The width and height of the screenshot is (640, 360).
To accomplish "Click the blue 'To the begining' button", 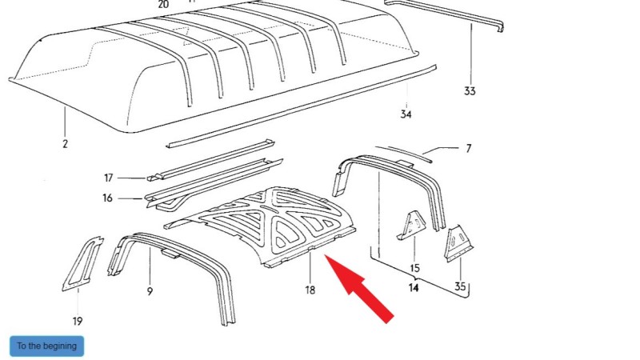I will (46, 346).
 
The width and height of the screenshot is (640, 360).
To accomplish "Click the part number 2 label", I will (65, 144).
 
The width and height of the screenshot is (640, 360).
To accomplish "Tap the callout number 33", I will (470, 91).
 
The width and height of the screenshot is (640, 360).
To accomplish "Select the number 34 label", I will (406, 115).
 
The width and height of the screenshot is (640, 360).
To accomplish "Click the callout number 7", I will (468, 148).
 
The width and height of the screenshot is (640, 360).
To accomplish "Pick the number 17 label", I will (109, 178).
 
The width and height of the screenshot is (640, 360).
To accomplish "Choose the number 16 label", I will (109, 198).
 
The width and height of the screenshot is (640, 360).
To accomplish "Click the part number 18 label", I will (310, 290).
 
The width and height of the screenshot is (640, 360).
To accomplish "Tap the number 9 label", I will (150, 292).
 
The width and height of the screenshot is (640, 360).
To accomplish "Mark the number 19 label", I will (77, 322).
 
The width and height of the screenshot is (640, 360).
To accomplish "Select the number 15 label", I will (414, 268).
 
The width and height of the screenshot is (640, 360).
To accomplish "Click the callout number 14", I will (414, 286).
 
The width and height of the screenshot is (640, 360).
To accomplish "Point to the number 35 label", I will (459, 286).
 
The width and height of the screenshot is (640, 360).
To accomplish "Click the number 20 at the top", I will (164, 4).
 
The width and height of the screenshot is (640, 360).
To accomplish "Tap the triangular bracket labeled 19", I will (81, 264).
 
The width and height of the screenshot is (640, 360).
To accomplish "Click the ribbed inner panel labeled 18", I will (272, 220).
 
